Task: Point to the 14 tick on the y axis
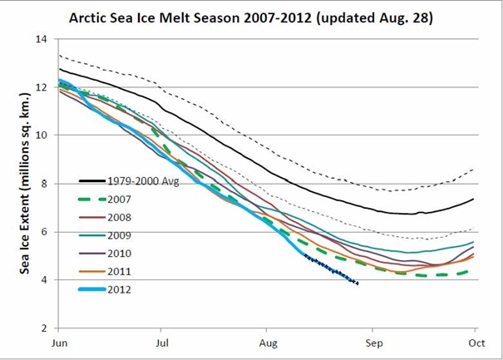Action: click(x=42, y=39)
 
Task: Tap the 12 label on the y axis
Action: click(x=42, y=87)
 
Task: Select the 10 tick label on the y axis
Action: click(x=42, y=136)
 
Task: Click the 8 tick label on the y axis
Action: click(x=44, y=184)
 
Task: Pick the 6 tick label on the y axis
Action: click(x=44, y=232)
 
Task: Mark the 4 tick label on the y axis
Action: click(x=44, y=280)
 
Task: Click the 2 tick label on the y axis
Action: click(x=44, y=328)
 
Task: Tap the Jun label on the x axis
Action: click(x=59, y=342)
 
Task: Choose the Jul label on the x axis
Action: click(x=162, y=342)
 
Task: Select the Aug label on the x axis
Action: click(x=268, y=342)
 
